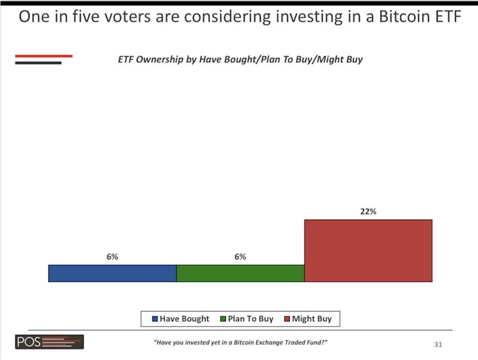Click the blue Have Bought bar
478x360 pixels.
pyautogui.click(x=112, y=273)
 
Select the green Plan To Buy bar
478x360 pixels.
pyautogui.click(x=240, y=273)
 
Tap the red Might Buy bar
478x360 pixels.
pyautogui.click(x=368, y=251)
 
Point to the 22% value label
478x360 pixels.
pyautogui.click(x=368, y=211)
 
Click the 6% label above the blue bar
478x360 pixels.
pyautogui.click(x=112, y=257)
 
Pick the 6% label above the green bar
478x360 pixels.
pyautogui.click(x=240, y=257)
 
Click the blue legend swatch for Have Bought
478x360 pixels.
pyautogui.click(x=155, y=319)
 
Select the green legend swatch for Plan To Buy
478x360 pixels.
pyautogui.click(x=223, y=319)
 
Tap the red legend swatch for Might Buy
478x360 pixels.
pyautogui.click(x=287, y=319)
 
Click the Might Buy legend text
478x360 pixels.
pyautogui.click(x=311, y=319)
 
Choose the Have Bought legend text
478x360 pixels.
pyautogui.click(x=185, y=319)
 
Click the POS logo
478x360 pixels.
pyautogui.click(x=50, y=341)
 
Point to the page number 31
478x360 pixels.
pyautogui.click(x=438, y=344)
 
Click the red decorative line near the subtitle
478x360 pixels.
pyautogui.click(x=44, y=56)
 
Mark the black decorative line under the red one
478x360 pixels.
pyautogui.click(x=38, y=63)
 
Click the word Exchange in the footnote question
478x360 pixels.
pyautogui.click(x=269, y=342)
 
